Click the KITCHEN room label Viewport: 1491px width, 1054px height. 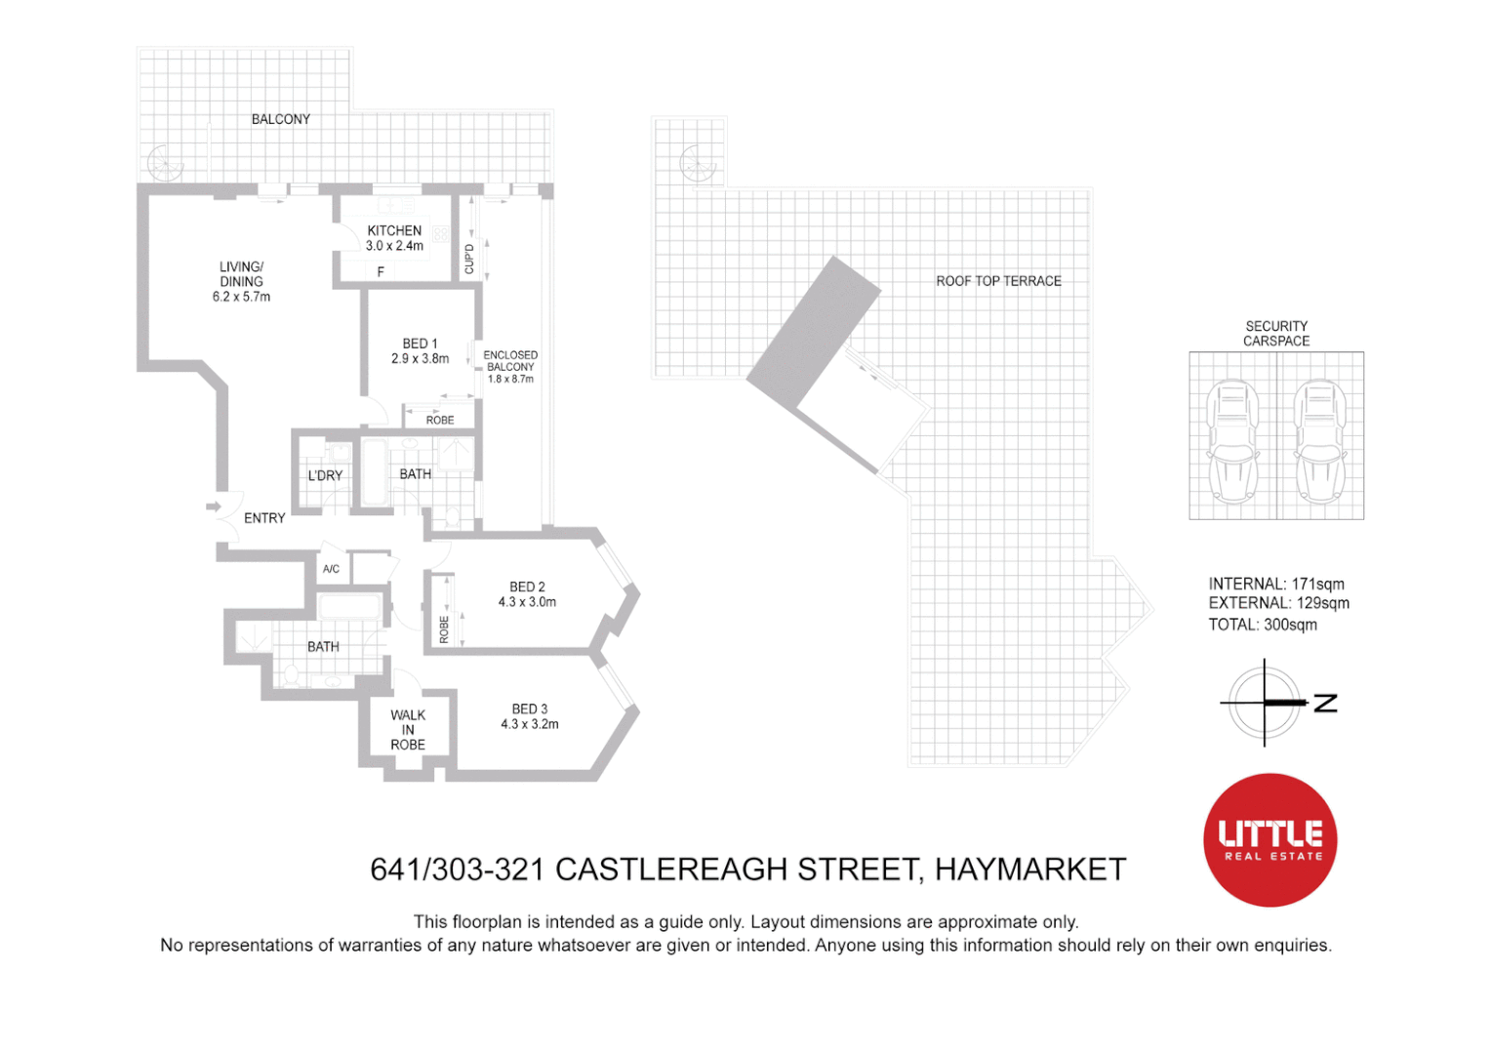(395, 230)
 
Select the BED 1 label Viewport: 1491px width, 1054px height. (420, 344)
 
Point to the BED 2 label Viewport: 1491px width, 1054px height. (527, 587)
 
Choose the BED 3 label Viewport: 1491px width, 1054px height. (530, 709)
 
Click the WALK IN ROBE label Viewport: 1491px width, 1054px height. (408, 730)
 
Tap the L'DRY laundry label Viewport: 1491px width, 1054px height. (325, 475)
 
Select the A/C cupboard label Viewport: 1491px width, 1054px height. (331, 569)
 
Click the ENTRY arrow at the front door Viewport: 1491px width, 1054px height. (214, 507)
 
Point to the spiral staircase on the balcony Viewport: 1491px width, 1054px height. (165, 162)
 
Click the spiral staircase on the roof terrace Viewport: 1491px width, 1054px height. (698, 163)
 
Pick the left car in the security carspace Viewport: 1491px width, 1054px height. (1232, 442)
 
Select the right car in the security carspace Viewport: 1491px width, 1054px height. (1320, 442)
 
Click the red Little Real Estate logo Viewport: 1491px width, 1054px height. (1270, 839)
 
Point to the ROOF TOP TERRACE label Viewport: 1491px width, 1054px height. (998, 281)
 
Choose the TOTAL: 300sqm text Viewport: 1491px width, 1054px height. (1263, 625)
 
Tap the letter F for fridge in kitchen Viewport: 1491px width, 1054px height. (381, 271)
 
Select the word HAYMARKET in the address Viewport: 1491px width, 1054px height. (1030, 869)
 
